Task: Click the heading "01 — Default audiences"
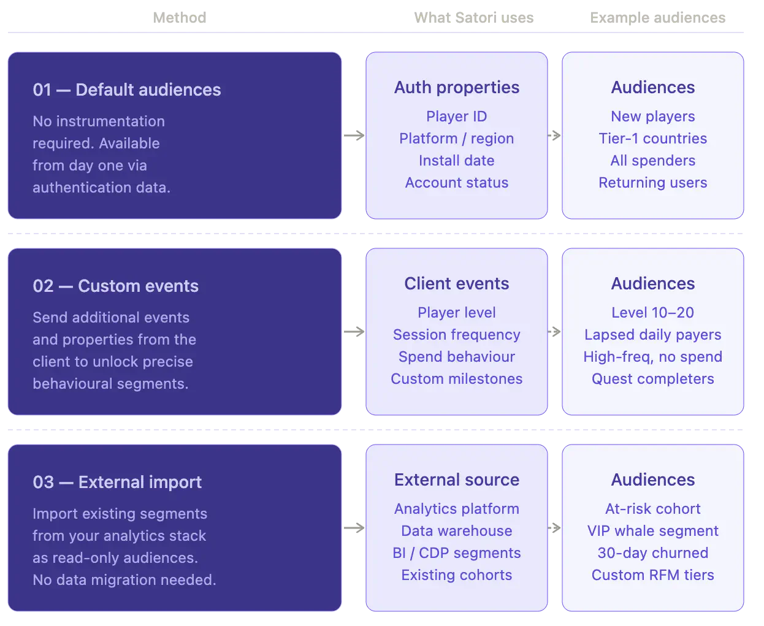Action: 126,90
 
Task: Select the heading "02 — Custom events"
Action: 115,286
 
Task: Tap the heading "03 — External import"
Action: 117,483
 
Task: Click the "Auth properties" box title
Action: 456,88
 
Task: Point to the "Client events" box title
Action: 456,284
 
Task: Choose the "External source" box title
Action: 456,480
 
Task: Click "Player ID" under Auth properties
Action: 456,116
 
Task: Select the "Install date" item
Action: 456,161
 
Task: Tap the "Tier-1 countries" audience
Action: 652,139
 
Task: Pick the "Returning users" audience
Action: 652,183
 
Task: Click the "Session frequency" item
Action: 456,335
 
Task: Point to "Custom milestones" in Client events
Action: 456,379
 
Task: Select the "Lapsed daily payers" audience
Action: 652,335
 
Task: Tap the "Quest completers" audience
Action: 652,379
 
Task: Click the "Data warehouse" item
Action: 456,531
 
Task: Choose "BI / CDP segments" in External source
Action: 456,553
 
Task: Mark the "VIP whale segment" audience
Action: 652,531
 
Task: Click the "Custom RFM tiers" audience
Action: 652,575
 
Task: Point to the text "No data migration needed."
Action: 124,580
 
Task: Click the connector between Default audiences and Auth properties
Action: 354,135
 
